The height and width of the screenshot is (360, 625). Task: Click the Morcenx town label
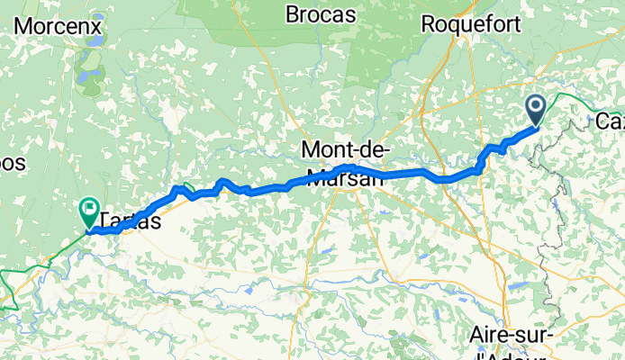pyautogui.click(x=55, y=24)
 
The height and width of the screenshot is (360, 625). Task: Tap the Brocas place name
pyautogui.click(x=321, y=14)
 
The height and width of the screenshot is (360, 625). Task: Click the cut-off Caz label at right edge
pyautogui.click(x=611, y=120)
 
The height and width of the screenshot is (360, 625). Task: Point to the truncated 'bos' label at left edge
pyautogui.click(x=13, y=165)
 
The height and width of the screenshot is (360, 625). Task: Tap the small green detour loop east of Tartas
pyautogui.click(x=188, y=189)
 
